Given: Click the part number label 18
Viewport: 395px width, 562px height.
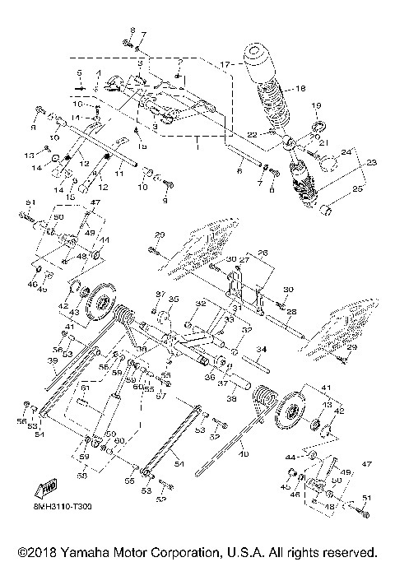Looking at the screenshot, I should [300, 89].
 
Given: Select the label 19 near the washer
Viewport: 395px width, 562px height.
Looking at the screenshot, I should [314, 107].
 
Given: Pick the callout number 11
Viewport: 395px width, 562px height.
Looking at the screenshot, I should [119, 174].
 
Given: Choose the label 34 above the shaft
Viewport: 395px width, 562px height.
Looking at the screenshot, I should [260, 350].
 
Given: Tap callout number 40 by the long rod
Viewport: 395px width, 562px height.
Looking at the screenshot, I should [244, 453].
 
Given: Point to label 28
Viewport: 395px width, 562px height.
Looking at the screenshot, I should [290, 312].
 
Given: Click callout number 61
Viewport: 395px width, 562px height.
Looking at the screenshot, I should [84, 388].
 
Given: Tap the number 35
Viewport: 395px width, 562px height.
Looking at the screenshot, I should [172, 300].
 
